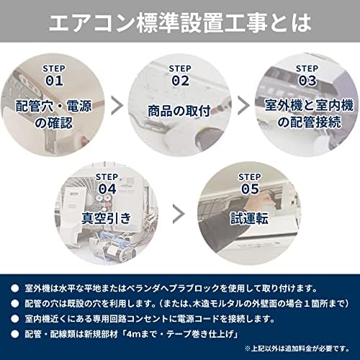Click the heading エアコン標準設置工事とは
pyautogui.click(x=180, y=22)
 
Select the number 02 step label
pyautogui.click(x=179, y=80)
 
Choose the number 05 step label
pyautogui.click(x=250, y=188)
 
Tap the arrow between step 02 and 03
pyautogui.click(x=243, y=106)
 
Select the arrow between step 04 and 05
pyautogui.click(x=179, y=214)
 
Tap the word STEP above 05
pyautogui.click(x=250, y=175)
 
